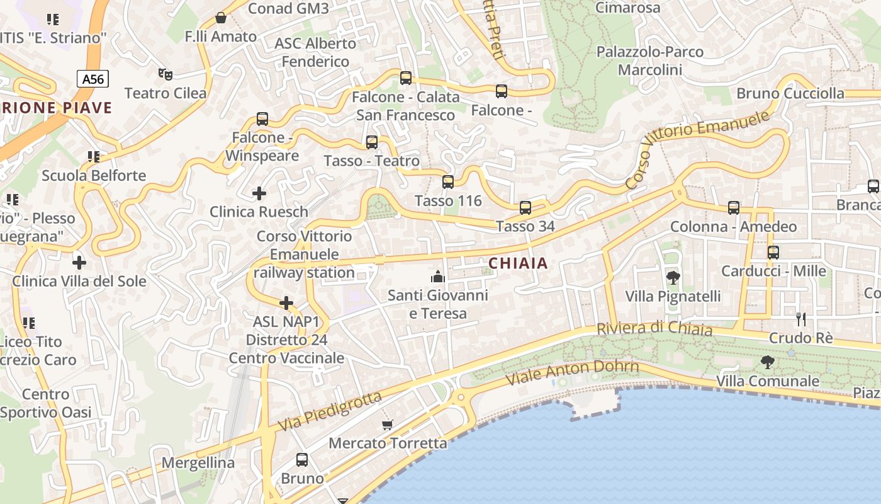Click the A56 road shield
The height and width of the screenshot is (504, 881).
(93, 79)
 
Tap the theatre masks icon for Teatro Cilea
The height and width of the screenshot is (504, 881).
(166, 74)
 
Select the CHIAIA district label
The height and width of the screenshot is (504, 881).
(519, 264)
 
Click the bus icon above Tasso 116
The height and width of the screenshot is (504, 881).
(448, 182)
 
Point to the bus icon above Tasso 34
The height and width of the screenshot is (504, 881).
(525, 207)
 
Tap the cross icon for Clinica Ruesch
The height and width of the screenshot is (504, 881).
(259, 193)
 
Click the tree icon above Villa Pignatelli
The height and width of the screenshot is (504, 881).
(673, 277)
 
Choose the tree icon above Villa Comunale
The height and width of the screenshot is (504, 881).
(768, 362)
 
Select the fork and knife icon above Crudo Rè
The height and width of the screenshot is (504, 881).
(800, 319)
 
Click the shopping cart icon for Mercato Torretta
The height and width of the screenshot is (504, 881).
(388, 425)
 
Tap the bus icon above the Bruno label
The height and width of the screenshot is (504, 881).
(302, 460)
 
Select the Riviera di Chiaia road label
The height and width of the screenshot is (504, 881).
(654, 329)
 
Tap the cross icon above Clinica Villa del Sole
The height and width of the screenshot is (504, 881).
(79, 262)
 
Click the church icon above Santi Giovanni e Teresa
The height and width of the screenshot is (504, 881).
(437, 276)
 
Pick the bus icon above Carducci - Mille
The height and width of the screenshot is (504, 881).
(773, 253)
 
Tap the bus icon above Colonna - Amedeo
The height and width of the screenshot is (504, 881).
(734, 207)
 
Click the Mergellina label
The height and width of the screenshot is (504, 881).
(198, 463)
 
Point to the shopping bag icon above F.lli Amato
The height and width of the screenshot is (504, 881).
(221, 18)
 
